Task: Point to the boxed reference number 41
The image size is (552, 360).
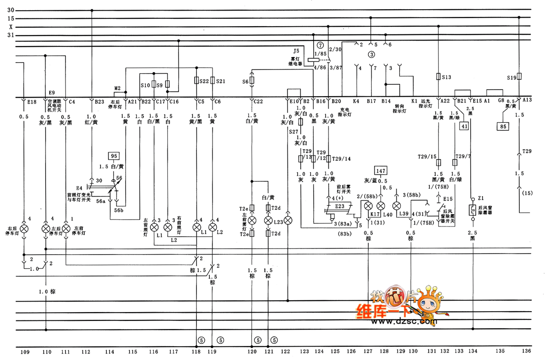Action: click(x=464, y=125)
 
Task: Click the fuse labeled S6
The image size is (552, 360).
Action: click(x=252, y=81)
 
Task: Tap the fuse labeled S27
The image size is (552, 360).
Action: click(x=300, y=122)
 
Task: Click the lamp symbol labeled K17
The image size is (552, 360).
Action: click(x=368, y=206)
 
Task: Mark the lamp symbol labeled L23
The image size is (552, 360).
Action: click(x=269, y=221)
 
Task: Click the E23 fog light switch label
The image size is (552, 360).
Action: click(x=339, y=206)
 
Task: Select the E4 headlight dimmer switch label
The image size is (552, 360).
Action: click(x=79, y=188)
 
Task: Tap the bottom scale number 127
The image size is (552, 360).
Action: click(x=368, y=352)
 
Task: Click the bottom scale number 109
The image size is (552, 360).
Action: click(x=25, y=352)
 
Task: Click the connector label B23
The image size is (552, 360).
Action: click(x=100, y=101)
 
